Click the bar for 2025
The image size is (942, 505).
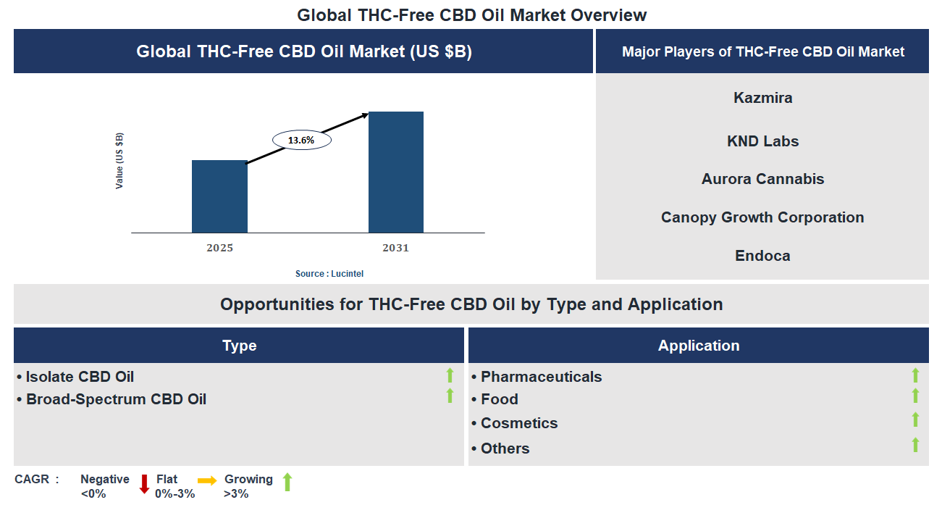click(x=219, y=196)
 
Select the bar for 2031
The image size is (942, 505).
click(x=396, y=172)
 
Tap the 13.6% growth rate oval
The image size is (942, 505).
click(x=301, y=141)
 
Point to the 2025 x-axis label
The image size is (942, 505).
click(x=219, y=248)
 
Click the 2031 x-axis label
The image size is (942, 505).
click(x=396, y=248)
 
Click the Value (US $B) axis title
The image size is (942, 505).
click(x=119, y=161)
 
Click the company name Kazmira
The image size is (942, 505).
click(x=762, y=98)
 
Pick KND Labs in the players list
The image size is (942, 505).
click(x=762, y=141)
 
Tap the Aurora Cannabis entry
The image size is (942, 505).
click(x=762, y=179)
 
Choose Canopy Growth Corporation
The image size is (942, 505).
click(x=762, y=217)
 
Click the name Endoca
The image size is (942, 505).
click(x=762, y=256)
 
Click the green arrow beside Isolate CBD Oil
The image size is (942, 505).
click(x=450, y=375)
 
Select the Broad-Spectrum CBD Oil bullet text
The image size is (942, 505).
click(x=116, y=399)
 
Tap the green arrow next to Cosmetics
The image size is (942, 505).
click(x=915, y=420)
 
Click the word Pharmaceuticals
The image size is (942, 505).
click(x=541, y=377)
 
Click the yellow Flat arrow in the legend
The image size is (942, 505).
click(x=207, y=480)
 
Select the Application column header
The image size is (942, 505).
click(x=698, y=346)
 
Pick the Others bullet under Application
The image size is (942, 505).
click(x=505, y=448)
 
